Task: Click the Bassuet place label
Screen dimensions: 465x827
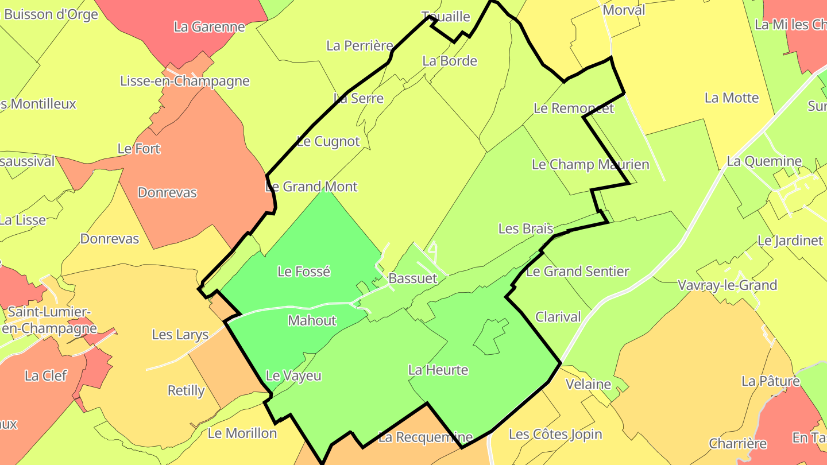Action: pyautogui.click(x=412, y=278)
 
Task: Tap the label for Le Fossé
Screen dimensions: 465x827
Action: pyautogui.click(x=304, y=271)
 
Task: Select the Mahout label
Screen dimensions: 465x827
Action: pyautogui.click(x=312, y=320)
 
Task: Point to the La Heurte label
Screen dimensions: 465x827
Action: pyautogui.click(x=438, y=370)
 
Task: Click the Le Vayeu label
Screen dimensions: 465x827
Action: pyautogui.click(x=293, y=376)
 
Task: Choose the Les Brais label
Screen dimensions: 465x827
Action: pyautogui.click(x=525, y=228)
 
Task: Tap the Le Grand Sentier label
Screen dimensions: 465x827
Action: pyautogui.click(x=577, y=271)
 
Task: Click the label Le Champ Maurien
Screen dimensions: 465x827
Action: pyautogui.click(x=590, y=165)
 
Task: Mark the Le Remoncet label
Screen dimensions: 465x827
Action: pyautogui.click(x=573, y=108)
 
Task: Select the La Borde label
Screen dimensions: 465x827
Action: pyautogui.click(x=450, y=61)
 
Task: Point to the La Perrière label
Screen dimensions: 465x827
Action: pyautogui.click(x=360, y=45)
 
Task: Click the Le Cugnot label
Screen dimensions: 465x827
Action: pyautogui.click(x=328, y=141)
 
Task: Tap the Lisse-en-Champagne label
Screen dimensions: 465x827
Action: pyautogui.click(x=185, y=81)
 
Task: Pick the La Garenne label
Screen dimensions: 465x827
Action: pyautogui.click(x=209, y=26)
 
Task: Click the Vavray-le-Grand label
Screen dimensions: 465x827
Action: pyautogui.click(x=727, y=285)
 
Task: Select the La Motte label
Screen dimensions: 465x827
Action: pyautogui.click(x=732, y=98)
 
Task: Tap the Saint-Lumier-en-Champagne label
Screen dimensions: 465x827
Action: pyautogui.click(x=49, y=320)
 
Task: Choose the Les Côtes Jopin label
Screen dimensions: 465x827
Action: pyautogui.click(x=555, y=434)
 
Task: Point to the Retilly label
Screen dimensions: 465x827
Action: pyautogui.click(x=186, y=391)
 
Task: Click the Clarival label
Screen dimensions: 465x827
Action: pyautogui.click(x=558, y=317)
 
